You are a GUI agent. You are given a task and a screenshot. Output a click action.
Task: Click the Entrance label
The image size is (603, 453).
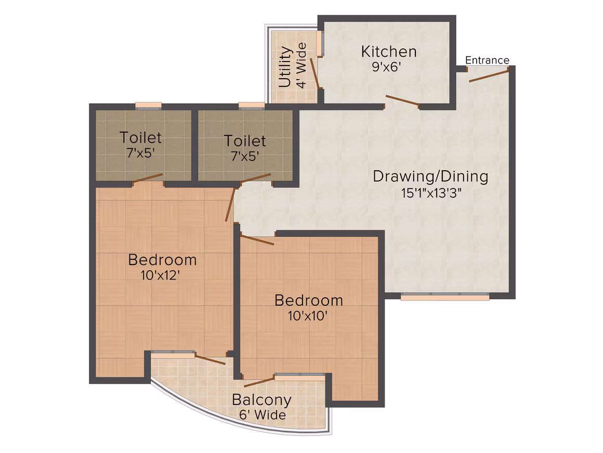click(487, 60)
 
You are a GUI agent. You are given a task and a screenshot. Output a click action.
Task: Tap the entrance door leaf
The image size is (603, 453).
click(489, 75)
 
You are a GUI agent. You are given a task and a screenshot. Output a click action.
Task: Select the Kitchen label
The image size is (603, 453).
click(389, 52)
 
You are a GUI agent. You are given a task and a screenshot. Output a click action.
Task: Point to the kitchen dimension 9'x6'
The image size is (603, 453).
click(386, 67)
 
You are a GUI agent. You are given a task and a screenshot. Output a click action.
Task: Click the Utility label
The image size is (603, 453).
click(284, 67)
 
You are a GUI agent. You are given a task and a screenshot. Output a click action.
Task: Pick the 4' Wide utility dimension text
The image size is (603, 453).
click(301, 66)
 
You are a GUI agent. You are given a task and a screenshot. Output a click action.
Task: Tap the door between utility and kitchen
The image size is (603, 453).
click(314, 73)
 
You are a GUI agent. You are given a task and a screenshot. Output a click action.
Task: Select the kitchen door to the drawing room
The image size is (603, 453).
click(402, 100)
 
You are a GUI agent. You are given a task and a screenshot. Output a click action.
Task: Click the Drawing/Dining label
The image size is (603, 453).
click(430, 177)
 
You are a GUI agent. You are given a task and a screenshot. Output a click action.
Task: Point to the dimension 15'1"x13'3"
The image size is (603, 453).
click(431, 193)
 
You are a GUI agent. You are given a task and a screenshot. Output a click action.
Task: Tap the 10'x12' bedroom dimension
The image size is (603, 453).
click(160, 275)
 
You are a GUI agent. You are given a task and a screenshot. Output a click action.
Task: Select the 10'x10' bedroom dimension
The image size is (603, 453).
click(308, 316)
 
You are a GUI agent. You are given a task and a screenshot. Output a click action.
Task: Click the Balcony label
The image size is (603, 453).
click(261, 400)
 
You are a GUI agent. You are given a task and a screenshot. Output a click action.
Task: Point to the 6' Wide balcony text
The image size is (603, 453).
click(263, 415)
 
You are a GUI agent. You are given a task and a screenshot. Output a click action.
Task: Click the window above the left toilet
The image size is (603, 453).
click(149, 106)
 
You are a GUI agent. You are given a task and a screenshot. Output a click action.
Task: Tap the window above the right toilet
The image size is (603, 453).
click(252, 106)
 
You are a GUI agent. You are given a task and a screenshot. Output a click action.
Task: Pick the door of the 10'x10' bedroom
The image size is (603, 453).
click(257, 240)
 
